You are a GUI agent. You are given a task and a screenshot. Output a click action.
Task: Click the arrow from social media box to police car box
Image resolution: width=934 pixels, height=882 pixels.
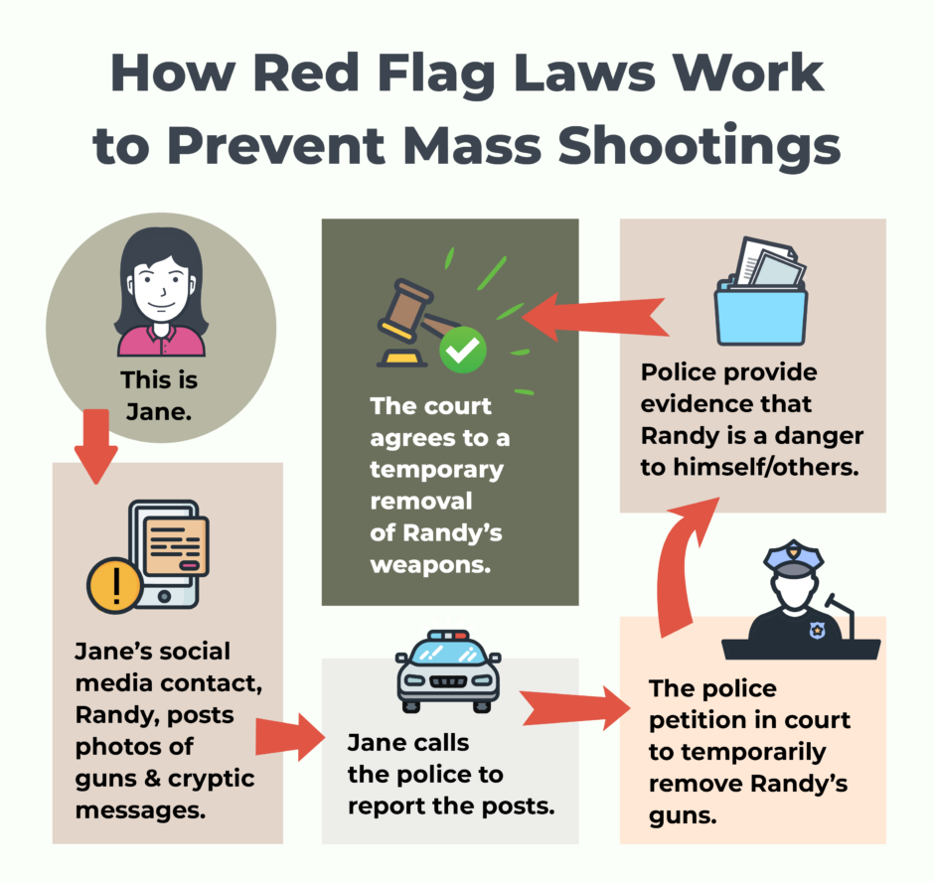(289, 737)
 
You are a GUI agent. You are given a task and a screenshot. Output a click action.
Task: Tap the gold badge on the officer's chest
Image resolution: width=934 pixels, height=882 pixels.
(817, 628)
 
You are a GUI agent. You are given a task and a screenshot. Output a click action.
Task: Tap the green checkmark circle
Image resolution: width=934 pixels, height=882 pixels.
(464, 350)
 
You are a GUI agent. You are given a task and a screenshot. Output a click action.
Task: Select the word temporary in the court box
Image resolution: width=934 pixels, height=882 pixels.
(436, 469)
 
